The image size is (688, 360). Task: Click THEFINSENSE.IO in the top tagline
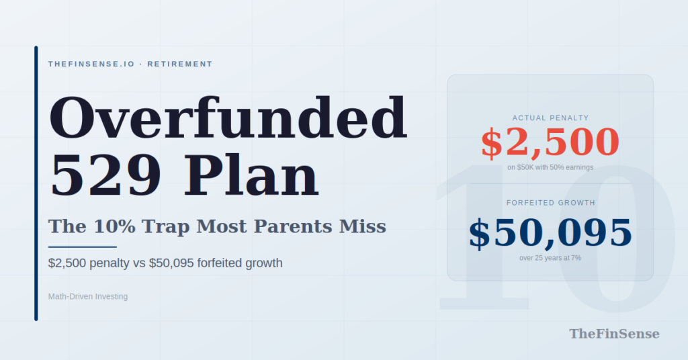pos(91,64)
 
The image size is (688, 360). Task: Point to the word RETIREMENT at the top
pos(179,64)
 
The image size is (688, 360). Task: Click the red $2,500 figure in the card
pos(550,142)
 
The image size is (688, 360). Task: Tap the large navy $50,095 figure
pos(550,233)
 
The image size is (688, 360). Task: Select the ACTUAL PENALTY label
pos(550,118)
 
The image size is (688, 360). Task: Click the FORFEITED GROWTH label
pos(550,203)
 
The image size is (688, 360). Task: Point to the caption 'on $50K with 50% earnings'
pos(550,167)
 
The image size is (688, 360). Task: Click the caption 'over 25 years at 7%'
pos(550,258)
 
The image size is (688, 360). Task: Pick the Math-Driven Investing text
pos(88,296)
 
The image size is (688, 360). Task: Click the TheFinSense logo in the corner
pos(614,334)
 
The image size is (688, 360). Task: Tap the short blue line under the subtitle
pos(83,247)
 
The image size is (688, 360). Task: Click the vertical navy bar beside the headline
pos(36,183)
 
